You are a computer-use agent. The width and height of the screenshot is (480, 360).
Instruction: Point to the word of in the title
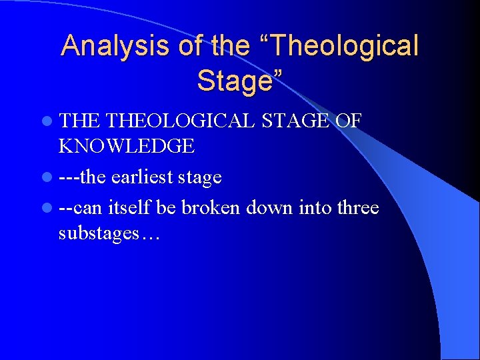192,46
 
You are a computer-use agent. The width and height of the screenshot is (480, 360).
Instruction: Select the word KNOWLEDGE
127,145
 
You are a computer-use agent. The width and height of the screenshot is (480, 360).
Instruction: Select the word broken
211,208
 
